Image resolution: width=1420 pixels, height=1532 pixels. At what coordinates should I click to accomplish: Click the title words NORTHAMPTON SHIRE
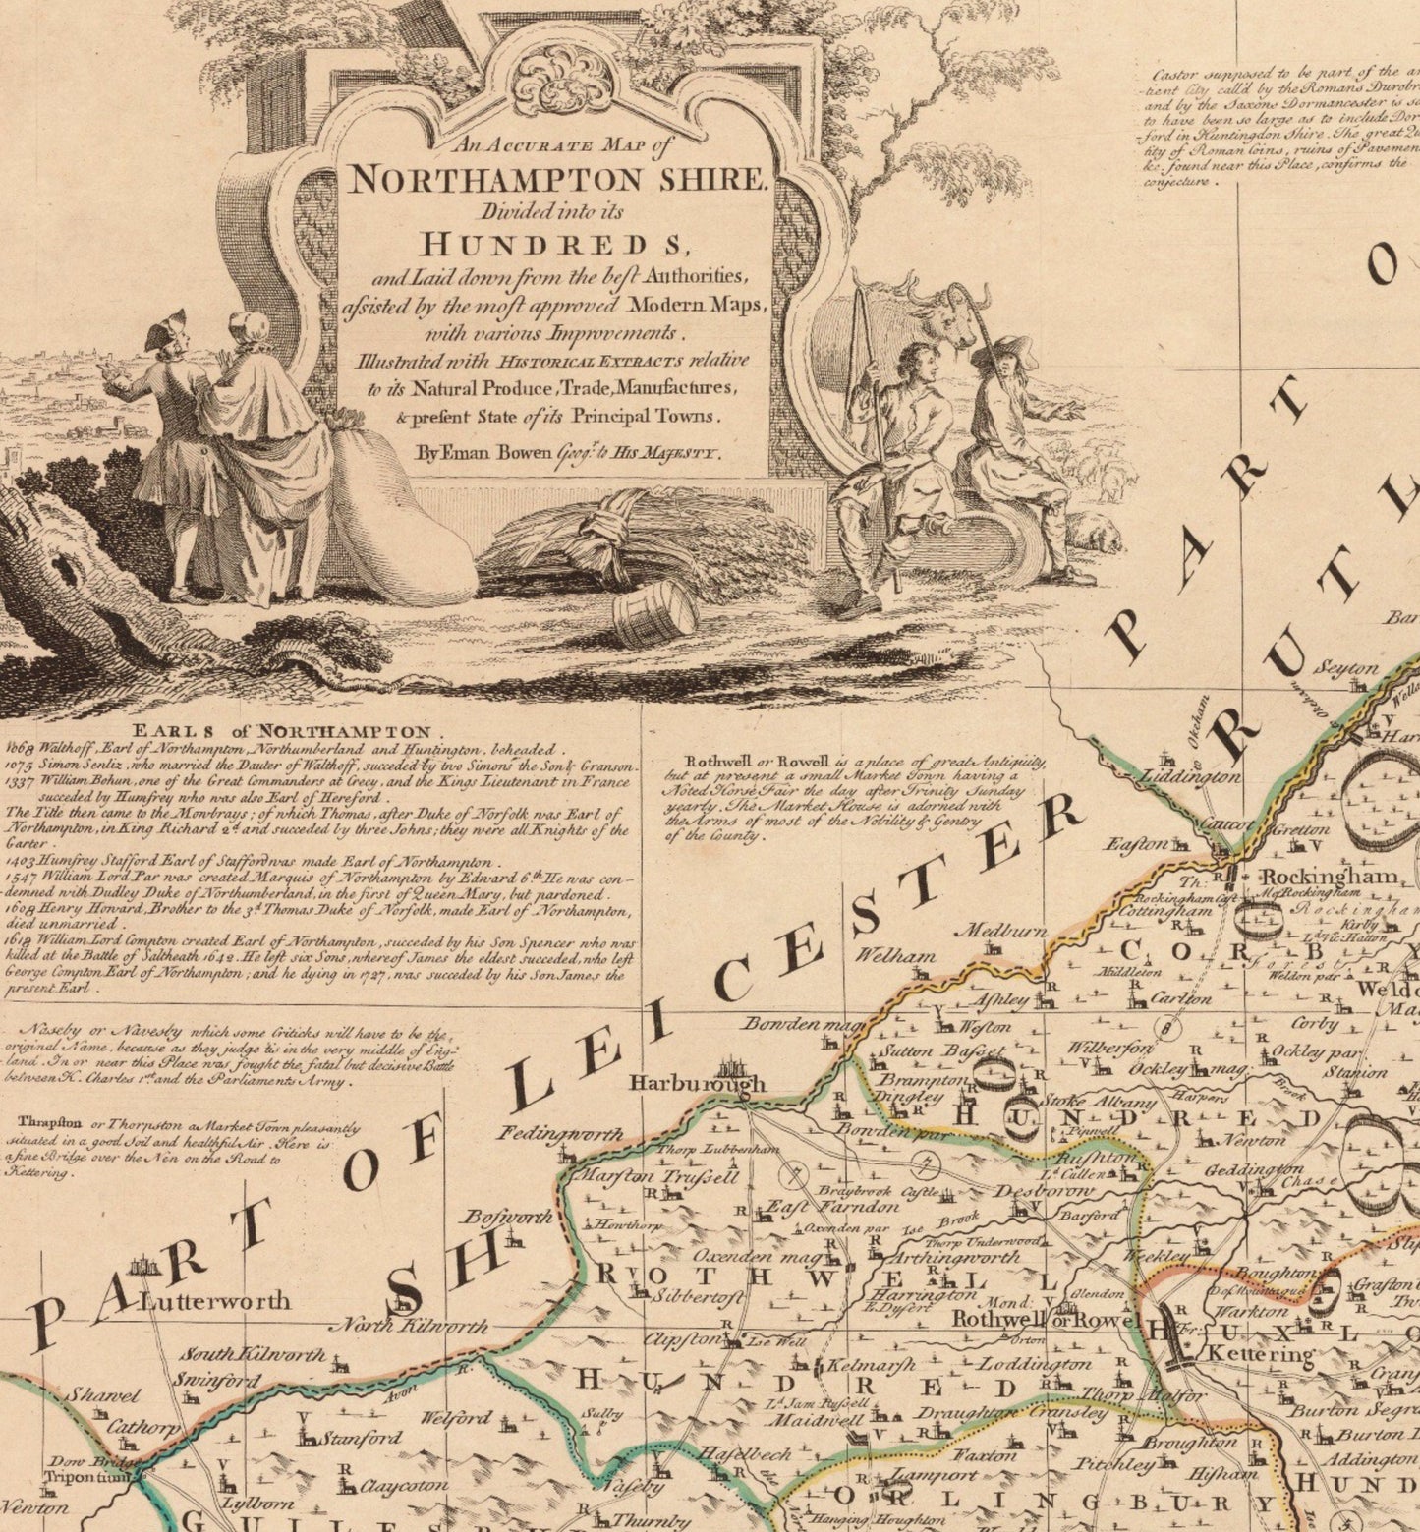[x=556, y=179]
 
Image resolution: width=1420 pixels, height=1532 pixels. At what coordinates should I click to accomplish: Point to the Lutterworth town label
[x=215, y=1301]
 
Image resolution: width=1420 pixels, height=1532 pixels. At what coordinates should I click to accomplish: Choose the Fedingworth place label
[x=560, y=1134]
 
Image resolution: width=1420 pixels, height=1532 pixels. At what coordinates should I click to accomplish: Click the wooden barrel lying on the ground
[x=654, y=610]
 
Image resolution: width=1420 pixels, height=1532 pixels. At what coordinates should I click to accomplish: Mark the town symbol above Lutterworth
[x=145, y=1267]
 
